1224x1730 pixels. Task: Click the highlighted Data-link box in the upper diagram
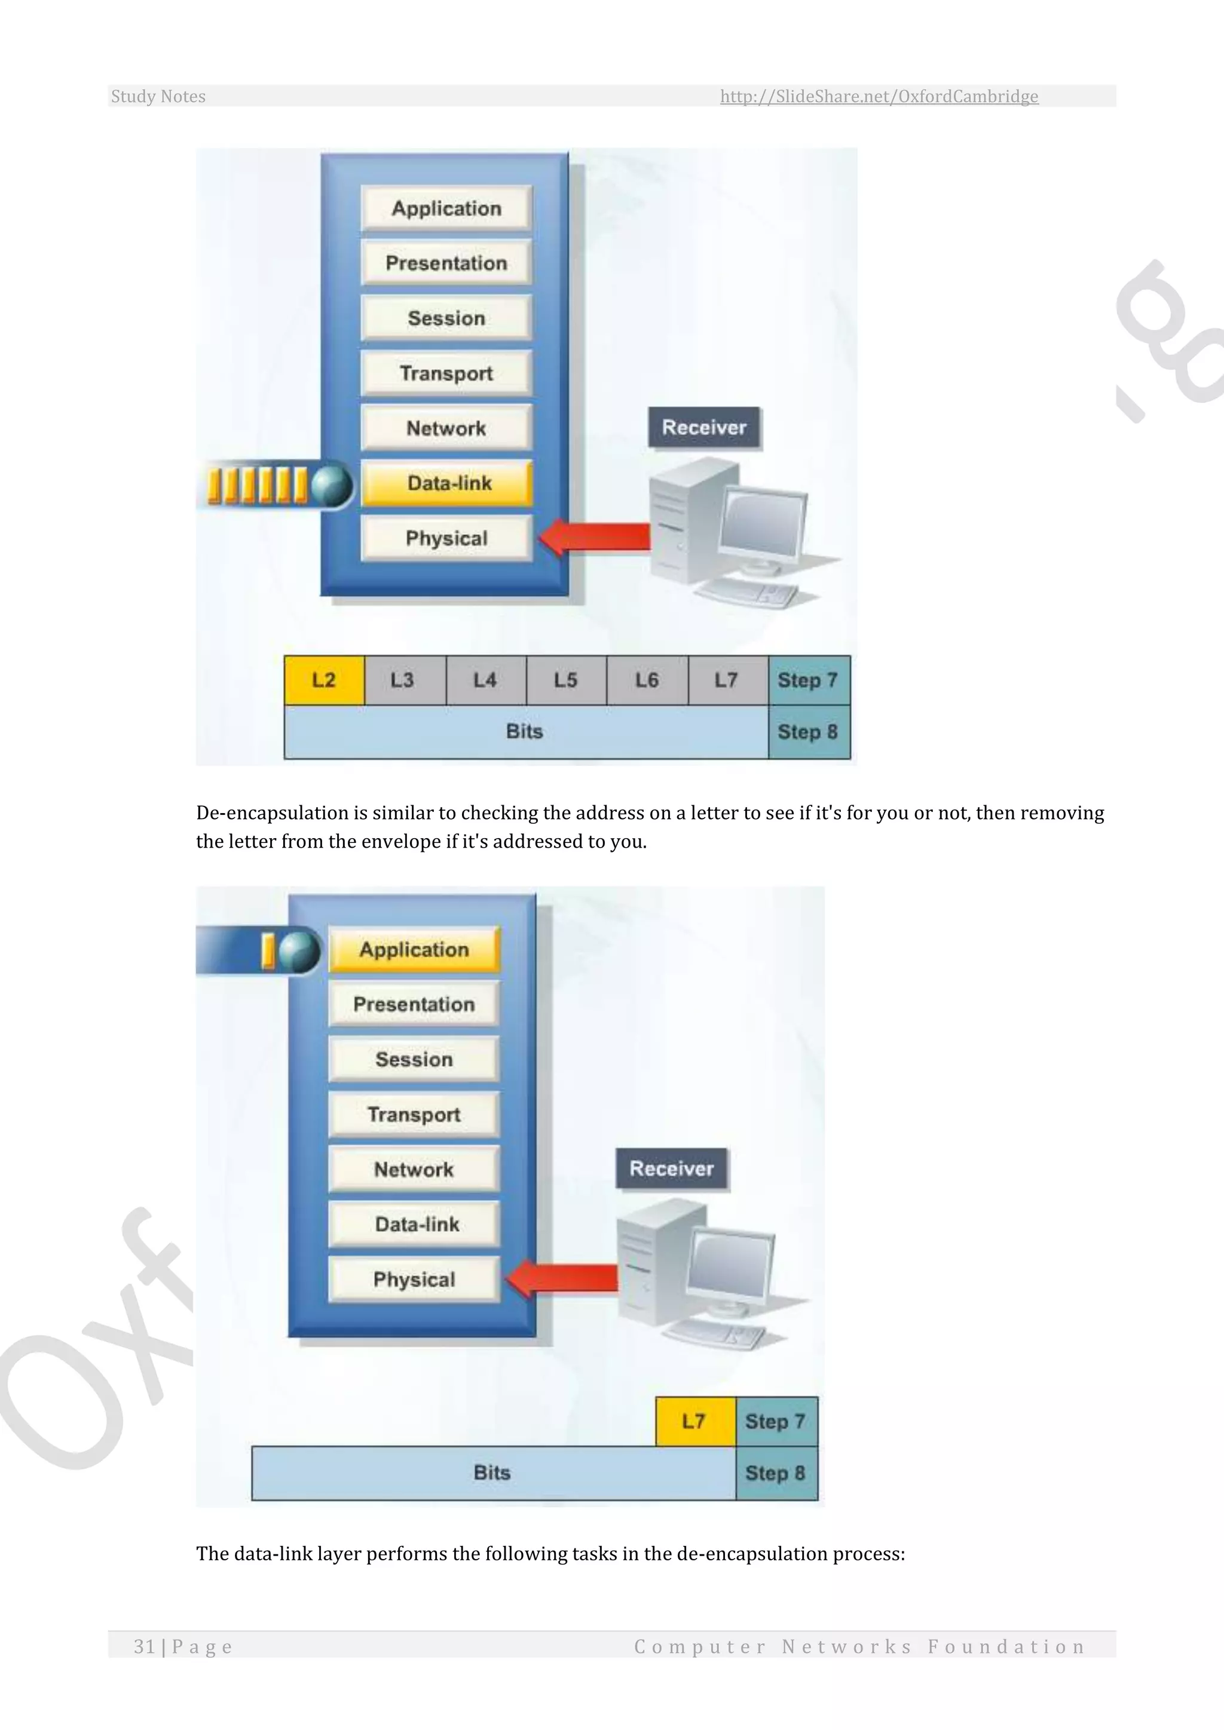pyautogui.click(x=447, y=483)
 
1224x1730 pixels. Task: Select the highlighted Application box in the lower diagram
pyautogui.click(x=415, y=949)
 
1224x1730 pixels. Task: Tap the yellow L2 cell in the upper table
pyautogui.click(x=324, y=680)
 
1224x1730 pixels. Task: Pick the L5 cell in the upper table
pyautogui.click(x=566, y=680)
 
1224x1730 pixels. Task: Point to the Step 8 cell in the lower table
pyautogui.click(x=776, y=1473)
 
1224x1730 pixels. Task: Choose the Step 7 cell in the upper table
pyautogui.click(x=808, y=680)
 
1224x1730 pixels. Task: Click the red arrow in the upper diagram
pyautogui.click(x=595, y=536)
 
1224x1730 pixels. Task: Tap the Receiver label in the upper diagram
pyautogui.click(x=704, y=427)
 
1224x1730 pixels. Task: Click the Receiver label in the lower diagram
pyautogui.click(x=672, y=1168)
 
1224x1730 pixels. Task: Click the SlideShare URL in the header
pyautogui.click(x=879, y=96)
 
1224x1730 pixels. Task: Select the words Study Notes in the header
pyautogui.click(x=158, y=96)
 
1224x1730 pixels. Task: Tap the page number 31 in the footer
pyautogui.click(x=144, y=1646)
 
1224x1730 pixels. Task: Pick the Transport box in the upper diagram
pyautogui.click(x=447, y=373)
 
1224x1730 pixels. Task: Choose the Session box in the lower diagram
pyautogui.click(x=415, y=1059)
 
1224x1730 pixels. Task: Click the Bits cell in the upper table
pyautogui.click(x=525, y=732)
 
